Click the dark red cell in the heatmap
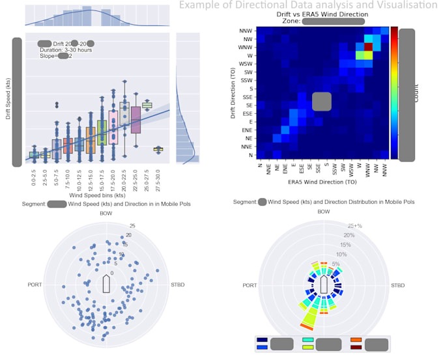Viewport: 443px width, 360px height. click(x=368, y=46)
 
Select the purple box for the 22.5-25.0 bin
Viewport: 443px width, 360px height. click(x=136, y=120)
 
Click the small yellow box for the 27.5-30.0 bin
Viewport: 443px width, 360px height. click(x=158, y=149)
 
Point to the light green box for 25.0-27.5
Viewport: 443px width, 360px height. click(x=147, y=105)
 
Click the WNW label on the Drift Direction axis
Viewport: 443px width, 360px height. click(x=246, y=47)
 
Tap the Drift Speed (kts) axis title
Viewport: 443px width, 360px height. click(x=17, y=102)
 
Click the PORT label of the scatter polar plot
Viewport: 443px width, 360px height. click(x=36, y=285)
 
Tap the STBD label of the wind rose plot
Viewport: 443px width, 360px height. click(x=399, y=286)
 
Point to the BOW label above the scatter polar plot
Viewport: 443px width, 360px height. click(x=106, y=213)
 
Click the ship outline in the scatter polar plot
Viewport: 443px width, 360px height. click(x=106, y=284)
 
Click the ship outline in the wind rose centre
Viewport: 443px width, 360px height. click(x=324, y=284)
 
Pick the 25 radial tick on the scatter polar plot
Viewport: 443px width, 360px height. click(x=132, y=226)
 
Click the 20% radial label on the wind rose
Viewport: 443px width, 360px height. click(x=349, y=235)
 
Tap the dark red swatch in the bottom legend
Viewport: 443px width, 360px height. click(x=356, y=347)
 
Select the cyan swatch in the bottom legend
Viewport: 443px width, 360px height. click(x=308, y=340)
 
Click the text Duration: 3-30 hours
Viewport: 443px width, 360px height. click(x=64, y=49)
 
